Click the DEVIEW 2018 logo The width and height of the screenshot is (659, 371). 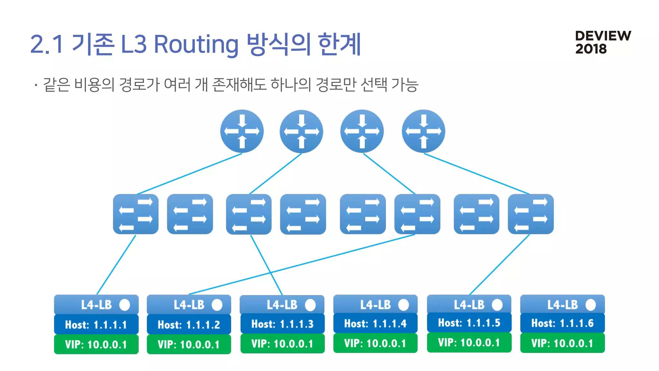pos(603,42)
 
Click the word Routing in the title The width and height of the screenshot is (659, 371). pos(196,44)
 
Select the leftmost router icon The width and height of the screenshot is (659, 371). pos(242,131)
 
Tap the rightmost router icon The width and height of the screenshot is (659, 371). pos(423,131)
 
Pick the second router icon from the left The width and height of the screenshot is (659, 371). pos(301,131)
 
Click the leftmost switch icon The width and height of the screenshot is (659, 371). pos(135,214)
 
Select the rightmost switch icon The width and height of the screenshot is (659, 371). pos(531,214)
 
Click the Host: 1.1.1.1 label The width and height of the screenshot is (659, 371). pos(96,325)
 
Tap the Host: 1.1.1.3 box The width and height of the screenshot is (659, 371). pos(282,324)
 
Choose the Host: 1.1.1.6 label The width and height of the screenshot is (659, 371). pos(562,323)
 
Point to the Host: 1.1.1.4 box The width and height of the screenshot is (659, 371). pos(375,323)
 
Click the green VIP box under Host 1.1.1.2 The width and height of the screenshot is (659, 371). pos(189,345)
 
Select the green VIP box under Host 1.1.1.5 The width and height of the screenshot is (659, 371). pos(469,342)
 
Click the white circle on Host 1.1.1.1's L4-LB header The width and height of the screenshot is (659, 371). pos(125,305)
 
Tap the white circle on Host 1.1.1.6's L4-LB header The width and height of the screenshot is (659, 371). pos(590,305)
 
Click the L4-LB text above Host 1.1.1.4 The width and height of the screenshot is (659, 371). pos(375,305)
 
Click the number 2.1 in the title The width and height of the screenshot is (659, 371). pos(46,44)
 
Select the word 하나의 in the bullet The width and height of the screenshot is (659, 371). pos(291,85)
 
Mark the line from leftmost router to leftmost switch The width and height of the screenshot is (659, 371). pos(190,174)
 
